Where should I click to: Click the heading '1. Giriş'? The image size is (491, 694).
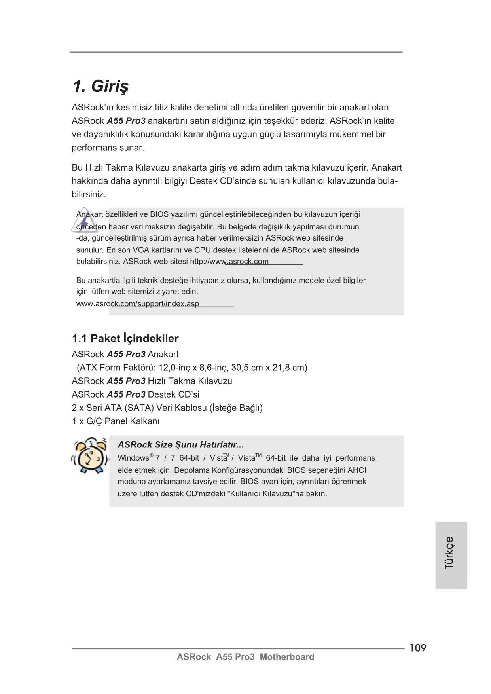(101, 86)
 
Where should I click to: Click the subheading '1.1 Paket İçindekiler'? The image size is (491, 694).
(125, 339)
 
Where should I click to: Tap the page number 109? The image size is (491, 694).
(418, 648)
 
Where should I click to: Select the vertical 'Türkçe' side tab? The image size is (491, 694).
(450, 552)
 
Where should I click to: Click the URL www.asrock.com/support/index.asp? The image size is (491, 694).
(138, 304)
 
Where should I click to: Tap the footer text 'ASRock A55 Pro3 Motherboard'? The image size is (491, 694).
(245, 657)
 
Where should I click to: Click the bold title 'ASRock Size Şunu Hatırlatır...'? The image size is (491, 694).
(180, 445)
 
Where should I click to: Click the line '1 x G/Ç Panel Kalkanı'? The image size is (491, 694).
(116, 421)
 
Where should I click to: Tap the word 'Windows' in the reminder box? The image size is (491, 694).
(133, 458)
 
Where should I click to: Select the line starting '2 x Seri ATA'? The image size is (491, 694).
(167, 408)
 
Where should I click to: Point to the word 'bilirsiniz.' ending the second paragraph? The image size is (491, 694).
(89, 195)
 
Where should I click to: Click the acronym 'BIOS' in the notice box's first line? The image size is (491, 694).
(159, 215)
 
